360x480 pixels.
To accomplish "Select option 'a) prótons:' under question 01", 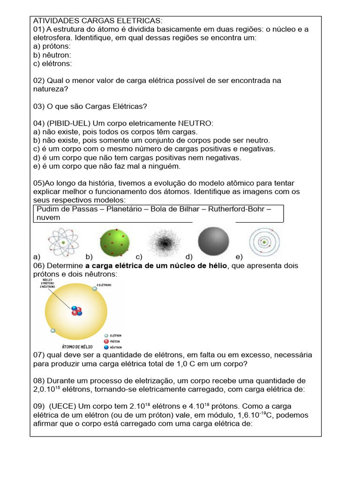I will coord(52,46).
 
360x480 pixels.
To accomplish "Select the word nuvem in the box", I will coord(48,217).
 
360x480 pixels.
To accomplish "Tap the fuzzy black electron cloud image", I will coord(164,242).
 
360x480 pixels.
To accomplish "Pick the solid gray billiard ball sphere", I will coord(214,242).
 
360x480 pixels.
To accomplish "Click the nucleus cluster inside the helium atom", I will coord(76,311).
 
